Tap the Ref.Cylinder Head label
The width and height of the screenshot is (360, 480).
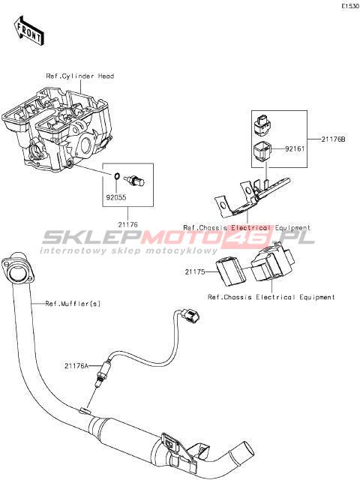[x=80, y=76]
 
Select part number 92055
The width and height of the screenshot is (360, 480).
[x=116, y=197]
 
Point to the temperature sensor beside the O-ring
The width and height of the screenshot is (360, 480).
[x=135, y=180]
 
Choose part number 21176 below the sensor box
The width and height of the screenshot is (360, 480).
[x=128, y=225]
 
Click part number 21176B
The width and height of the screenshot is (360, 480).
[x=333, y=139]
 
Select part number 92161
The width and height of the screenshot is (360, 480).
[x=295, y=149]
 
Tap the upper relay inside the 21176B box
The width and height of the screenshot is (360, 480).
[x=263, y=125]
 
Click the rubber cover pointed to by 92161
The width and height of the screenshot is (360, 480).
[x=262, y=150]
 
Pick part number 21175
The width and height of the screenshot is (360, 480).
[x=195, y=271]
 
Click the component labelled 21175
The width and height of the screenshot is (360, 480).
[x=231, y=271]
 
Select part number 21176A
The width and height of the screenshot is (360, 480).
[x=76, y=365]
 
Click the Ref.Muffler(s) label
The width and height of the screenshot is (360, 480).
[x=73, y=304]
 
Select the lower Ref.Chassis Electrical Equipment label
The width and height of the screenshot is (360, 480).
[x=271, y=297]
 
